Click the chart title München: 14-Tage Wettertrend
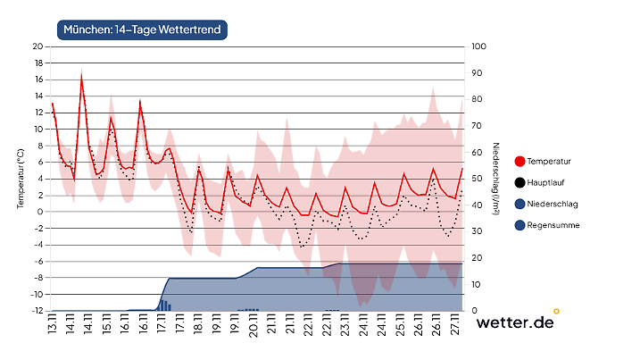[141, 29]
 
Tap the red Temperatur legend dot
[520, 162]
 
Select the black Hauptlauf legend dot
[520, 183]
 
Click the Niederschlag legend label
[553, 205]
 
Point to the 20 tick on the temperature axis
[37, 46]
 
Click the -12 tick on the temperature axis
[37, 311]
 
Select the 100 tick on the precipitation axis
[478, 46]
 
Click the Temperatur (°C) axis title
[20, 179]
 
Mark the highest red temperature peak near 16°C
[82, 78]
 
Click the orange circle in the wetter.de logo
[557, 311]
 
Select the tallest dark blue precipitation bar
[162, 305]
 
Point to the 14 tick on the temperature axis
[37, 96]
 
